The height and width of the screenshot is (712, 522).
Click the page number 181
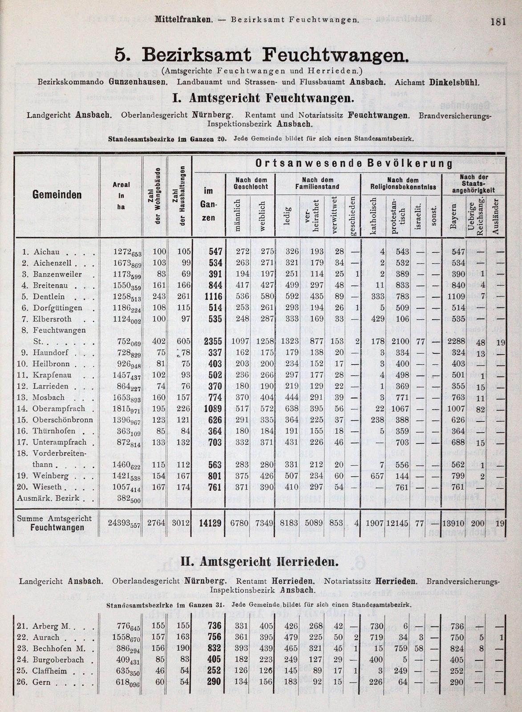click(498, 22)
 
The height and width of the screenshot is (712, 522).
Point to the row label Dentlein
click(49, 297)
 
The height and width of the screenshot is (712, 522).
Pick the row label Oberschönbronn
click(62, 420)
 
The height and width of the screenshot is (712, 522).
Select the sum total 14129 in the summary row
click(211, 523)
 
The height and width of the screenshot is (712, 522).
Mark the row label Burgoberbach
click(58, 660)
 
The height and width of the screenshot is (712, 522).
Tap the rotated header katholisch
click(372, 215)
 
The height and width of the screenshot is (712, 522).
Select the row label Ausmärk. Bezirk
click(48, 498)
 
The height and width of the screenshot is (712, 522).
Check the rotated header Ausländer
click(499, 217)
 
